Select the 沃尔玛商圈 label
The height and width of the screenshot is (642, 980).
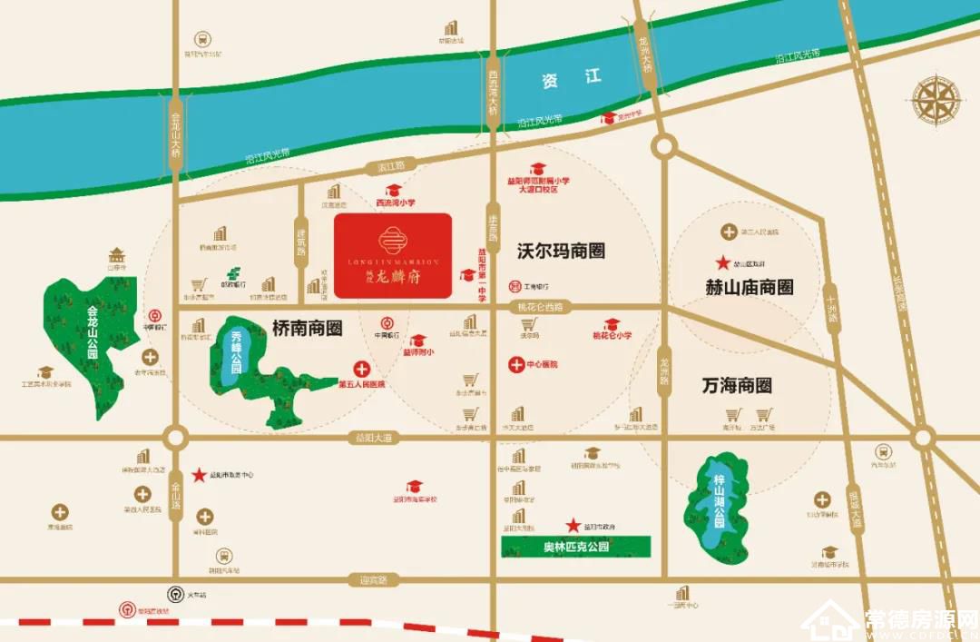coord(561,251)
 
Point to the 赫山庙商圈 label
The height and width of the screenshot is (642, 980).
coord(750,287)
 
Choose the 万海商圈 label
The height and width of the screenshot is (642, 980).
coord(737,385)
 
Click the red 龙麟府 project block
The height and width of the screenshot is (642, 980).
coord(393,255)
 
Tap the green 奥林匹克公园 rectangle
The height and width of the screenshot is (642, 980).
coord(576,547)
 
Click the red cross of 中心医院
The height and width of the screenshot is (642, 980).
coord(514,364)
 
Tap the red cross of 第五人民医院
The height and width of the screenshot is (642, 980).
coord(361,370)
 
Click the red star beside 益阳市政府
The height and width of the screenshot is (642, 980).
coord(573,526)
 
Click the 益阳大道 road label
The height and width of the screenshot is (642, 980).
coord(373,438)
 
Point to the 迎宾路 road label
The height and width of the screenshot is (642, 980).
coord(373,579)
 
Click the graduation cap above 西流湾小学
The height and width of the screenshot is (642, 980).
coord(394,191)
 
